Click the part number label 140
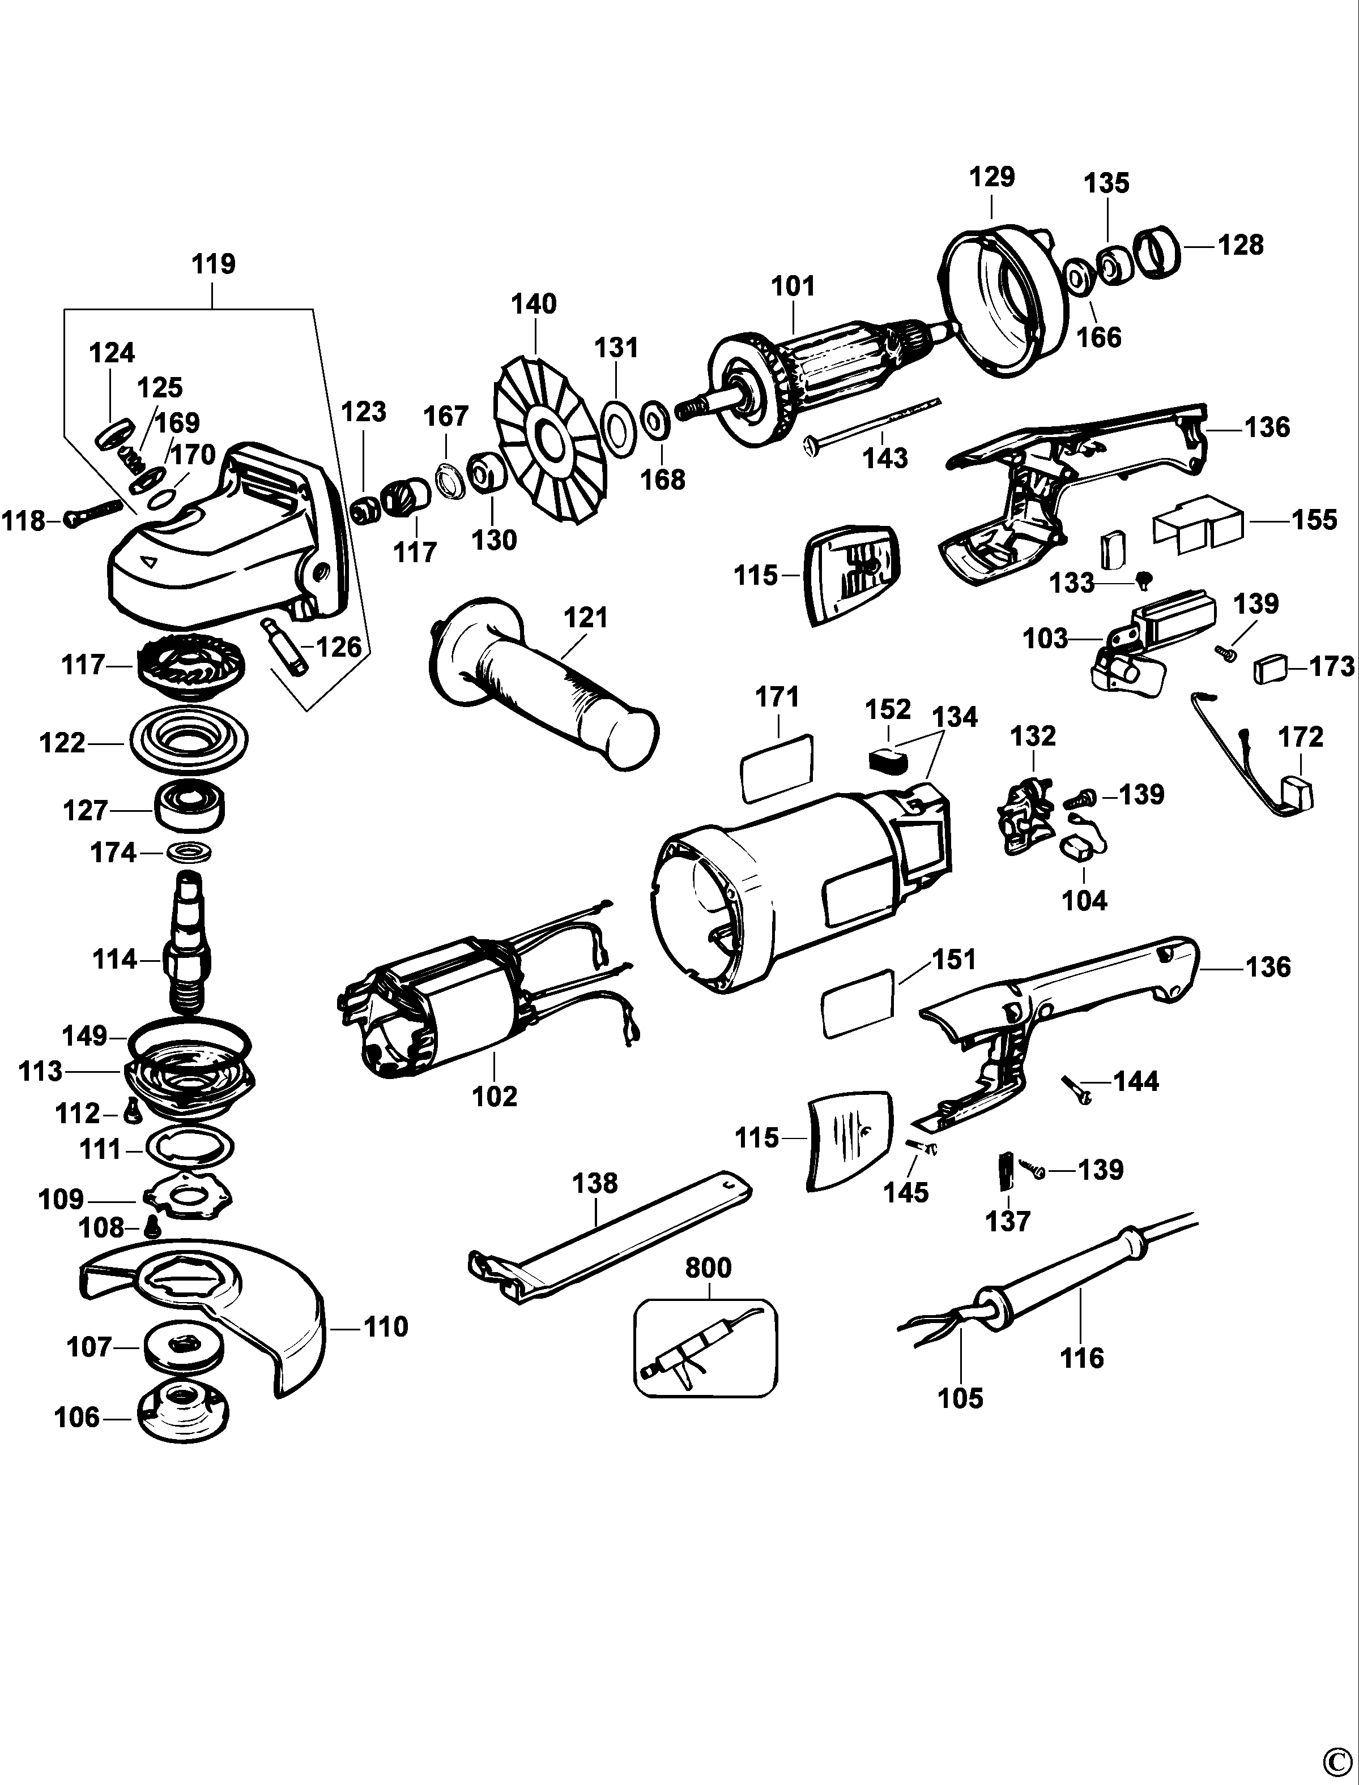534,304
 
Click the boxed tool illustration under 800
705,1347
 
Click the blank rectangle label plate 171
776,767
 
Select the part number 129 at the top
992,176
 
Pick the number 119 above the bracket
214,264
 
